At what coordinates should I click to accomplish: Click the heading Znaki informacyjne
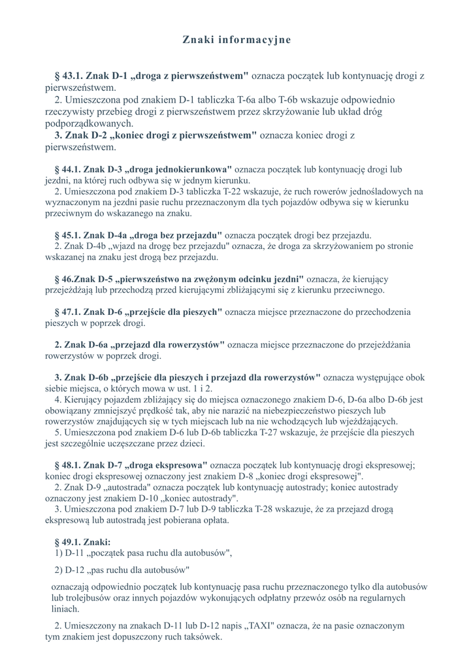pos(236,41)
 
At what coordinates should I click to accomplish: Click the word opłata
pos(212,521)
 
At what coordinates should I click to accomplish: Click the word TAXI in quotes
pos(258,625)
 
